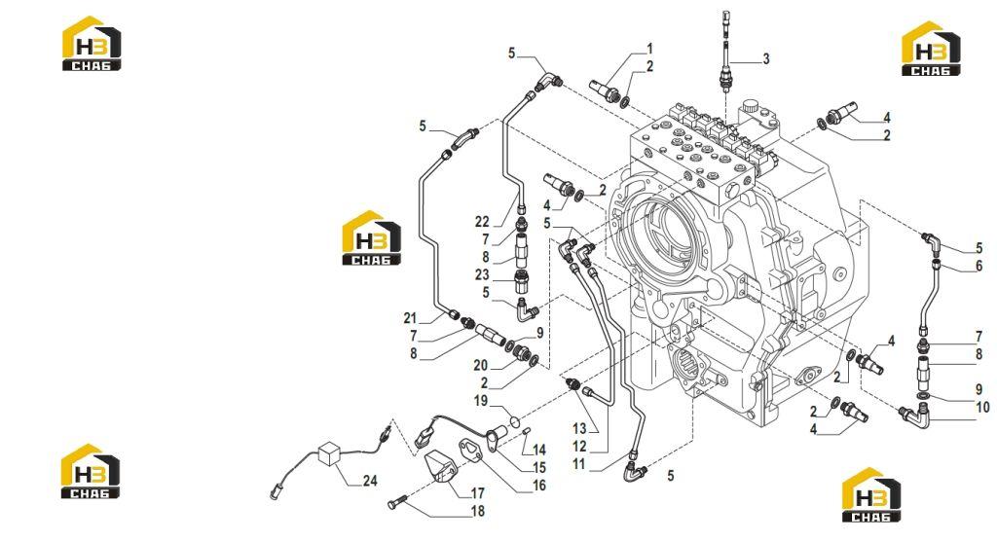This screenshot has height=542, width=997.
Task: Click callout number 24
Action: click(x=370, y=481)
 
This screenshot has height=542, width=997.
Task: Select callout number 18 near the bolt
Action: click(x=477, y=511)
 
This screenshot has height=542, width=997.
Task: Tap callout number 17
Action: click(x=477, y=493)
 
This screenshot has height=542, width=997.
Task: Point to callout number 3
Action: click(x=766, y=59)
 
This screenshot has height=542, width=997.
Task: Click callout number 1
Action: click(x=649, y=49)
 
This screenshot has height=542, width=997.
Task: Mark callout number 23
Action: click(x=482, y=274)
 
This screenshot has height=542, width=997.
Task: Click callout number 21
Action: click(x=410, y=318)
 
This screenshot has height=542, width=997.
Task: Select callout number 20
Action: click(x=481, y=365)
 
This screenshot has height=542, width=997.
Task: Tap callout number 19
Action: click(x=481, y=401)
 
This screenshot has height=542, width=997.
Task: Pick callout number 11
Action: click(x=578, y=464)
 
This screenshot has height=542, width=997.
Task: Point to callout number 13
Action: click(x=579, y=429)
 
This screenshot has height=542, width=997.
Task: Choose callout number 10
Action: click(x=982, y=408)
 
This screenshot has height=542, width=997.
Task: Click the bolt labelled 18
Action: click(x=396, y=504)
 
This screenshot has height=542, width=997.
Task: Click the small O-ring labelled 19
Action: click(x=514, y=421)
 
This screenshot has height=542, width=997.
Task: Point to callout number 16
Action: click(x=539, y=486)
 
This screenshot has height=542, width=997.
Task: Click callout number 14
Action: click(x=539, y=450)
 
